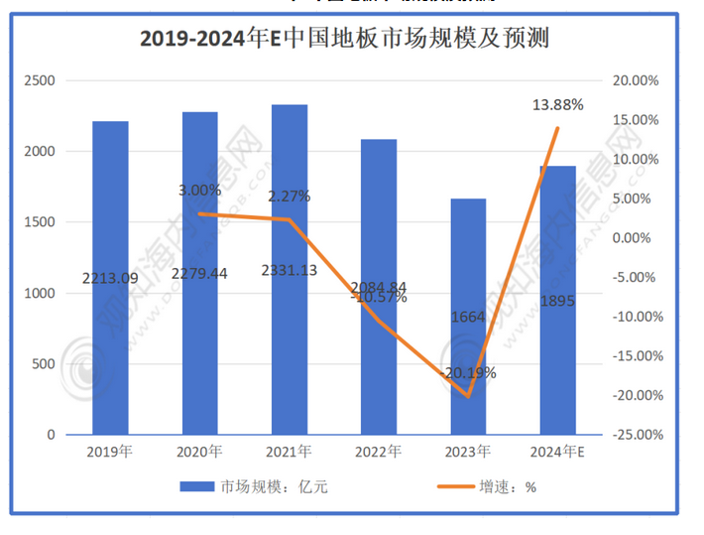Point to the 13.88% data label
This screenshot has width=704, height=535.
pyautogui.click(x=558, y=104)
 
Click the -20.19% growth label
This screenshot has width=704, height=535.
pyautogui.click(x=469, y=373)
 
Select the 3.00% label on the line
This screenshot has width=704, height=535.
pyautogui.click(x=199, y=190)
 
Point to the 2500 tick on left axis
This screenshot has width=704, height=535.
pyautogui.click(x=46, y=80)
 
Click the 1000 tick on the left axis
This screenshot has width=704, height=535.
pyautogui.click(x=46, y=293)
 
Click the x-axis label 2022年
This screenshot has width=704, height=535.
pyautogui.click(x=379, y=453)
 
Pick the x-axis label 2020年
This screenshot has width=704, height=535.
pyautogui.click(x=199, y=453)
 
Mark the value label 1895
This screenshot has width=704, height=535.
pyautogui.click(x=557, y=301)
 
